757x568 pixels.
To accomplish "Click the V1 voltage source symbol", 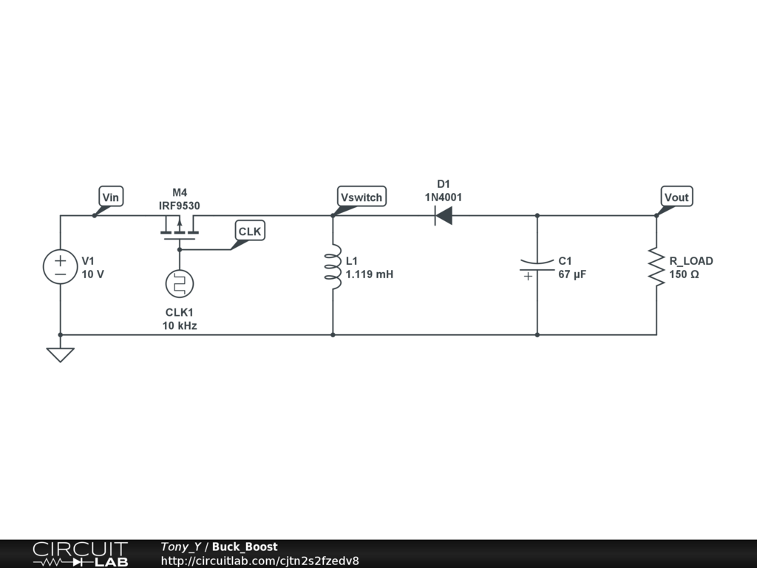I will (x=60, y=267).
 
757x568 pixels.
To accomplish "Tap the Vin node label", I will (x=111, y=197).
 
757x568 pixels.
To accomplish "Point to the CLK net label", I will (x=250, y=231).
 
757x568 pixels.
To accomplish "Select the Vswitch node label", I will (x=361, y=197).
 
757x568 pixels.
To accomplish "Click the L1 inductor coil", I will (x=333, y=267).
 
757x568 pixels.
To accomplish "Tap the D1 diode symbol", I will (x=443, y=216).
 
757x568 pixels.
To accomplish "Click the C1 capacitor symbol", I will (x=537, y=267).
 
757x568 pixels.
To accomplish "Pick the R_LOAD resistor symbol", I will (x=656, y=267).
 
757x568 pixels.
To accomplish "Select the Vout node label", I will (x=676, y=197).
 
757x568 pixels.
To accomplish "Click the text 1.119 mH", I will (x=370, y=274).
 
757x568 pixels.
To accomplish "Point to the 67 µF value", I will (x=572, y=274).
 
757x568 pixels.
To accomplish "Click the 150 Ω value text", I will (x=684, y=274).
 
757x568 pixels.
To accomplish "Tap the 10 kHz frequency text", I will (x=180, y=325).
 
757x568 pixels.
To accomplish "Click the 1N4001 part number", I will (x=444, y=197).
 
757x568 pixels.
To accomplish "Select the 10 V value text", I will (x=93, y=274).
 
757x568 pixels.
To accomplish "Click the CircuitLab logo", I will (x=80, y=554).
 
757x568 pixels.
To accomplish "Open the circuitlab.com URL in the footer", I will (x=259, y=561).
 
